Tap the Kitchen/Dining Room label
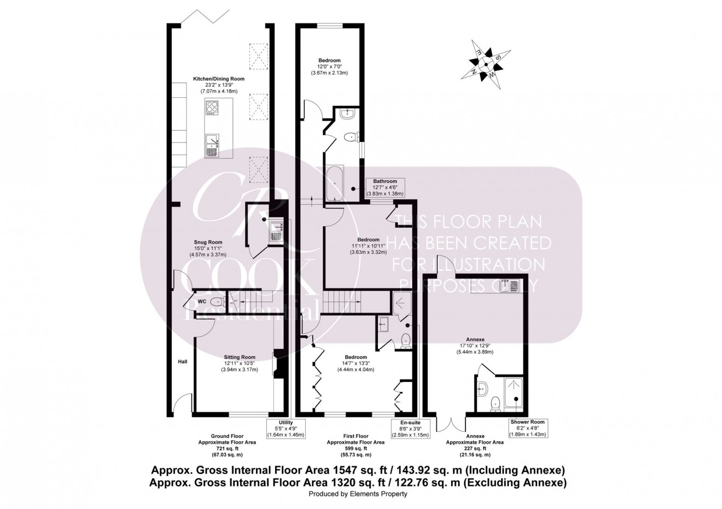(219, 85)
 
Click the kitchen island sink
(212, 145)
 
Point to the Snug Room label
(208, 248)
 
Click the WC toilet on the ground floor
(217, 301)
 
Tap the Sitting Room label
(239, 363)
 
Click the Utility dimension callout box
(286, 429)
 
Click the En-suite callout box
(410, 429)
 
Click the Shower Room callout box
(527, 429)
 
